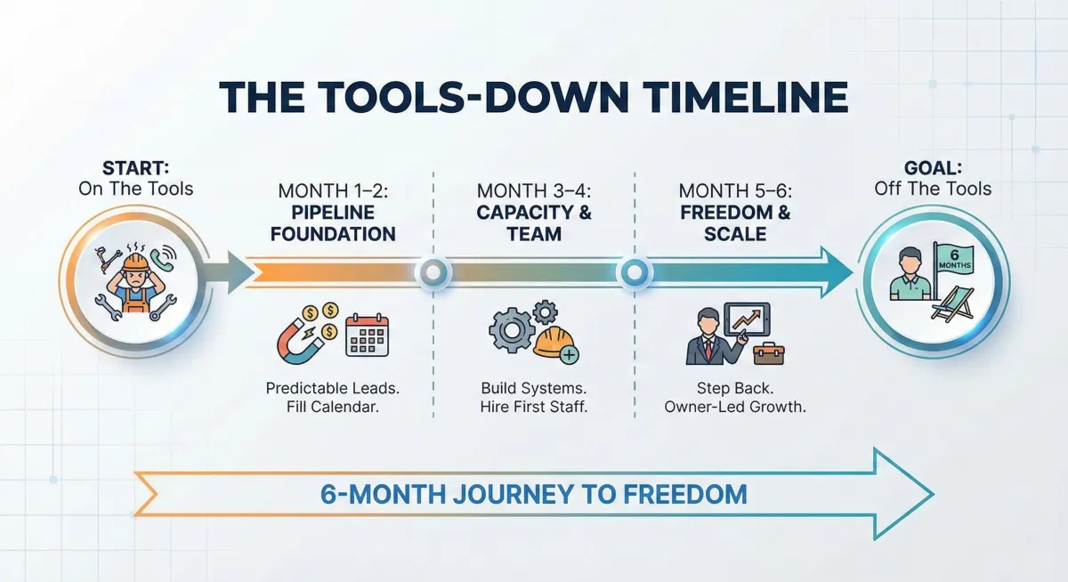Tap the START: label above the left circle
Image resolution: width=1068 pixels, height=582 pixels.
click(x=136, y=168)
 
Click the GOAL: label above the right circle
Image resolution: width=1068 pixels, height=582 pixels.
click(x=933, y=168)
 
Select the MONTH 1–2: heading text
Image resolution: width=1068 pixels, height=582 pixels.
click(x=333, y=191)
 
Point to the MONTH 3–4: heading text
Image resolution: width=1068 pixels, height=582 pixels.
click(x=533, y=191)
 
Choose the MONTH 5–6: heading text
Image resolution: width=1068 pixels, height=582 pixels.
click(x=735, y=191)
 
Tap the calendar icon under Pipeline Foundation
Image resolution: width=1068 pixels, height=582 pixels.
click(x=367, y=335)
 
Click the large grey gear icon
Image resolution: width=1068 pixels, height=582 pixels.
click(x=511, y=330)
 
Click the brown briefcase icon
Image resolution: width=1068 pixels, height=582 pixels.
click(x=769, y=353)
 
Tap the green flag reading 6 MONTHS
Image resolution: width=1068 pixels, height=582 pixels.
click(x=953, y=260)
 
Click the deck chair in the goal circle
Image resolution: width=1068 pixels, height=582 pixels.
click(x=952, y=303)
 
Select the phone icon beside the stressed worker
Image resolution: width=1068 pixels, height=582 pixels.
click(x=163, y=257)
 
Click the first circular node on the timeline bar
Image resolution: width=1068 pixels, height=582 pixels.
click(x=433, y=272)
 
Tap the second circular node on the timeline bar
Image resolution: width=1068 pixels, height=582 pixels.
click(x=635, y=272)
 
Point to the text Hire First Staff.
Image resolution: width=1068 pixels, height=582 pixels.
click(x=533, y=407)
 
